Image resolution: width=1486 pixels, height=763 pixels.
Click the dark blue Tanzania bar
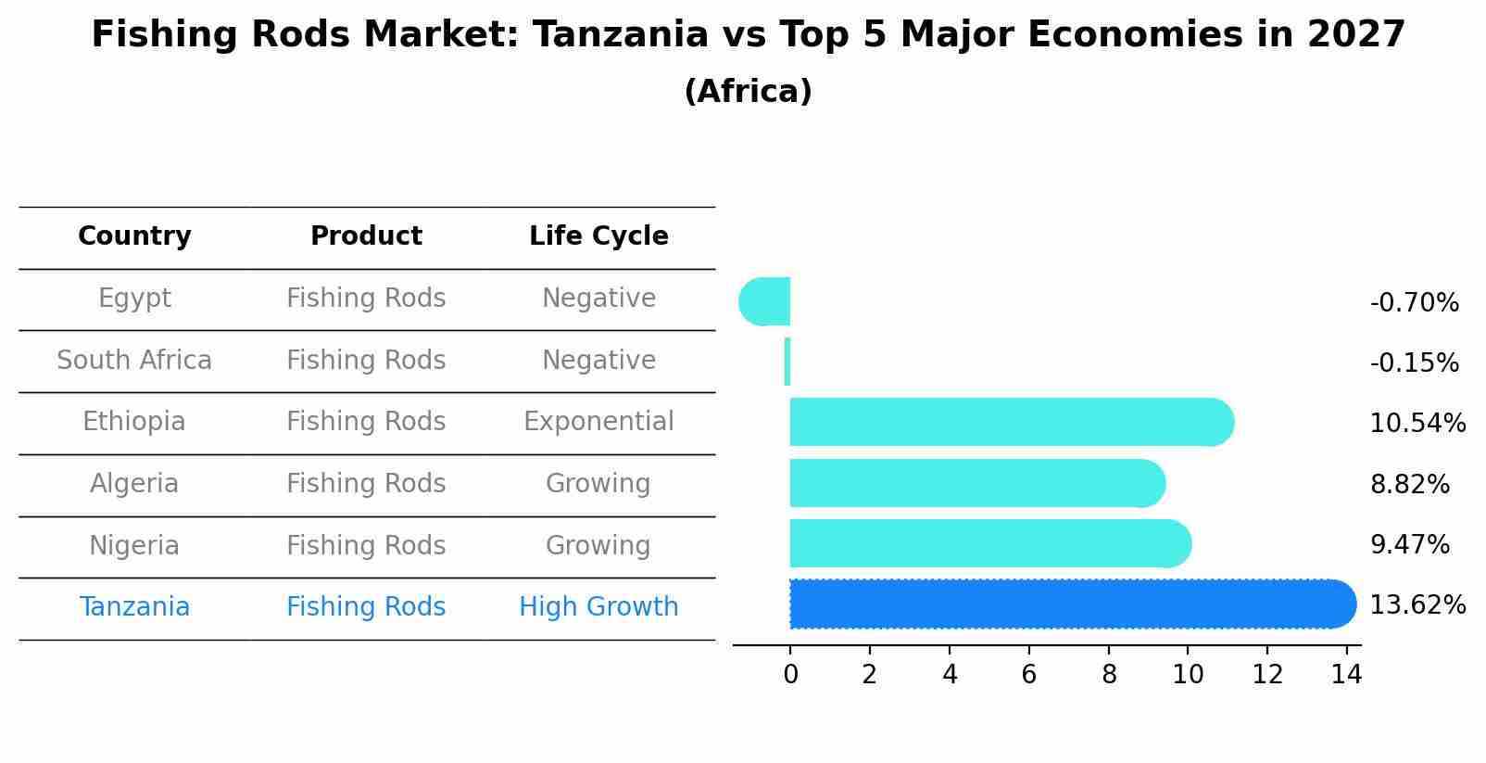1073,604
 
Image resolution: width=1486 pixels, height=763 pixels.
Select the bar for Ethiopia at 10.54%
1012,422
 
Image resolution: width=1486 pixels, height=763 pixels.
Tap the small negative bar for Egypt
764,301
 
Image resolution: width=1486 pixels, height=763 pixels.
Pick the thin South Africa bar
787,362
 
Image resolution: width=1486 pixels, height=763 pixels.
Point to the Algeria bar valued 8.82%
977,483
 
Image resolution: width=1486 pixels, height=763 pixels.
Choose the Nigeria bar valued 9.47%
990,543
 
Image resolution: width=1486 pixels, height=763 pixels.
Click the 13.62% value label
1417,604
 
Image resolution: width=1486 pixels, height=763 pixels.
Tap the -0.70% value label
1415,302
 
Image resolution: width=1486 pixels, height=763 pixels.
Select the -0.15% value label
1415,362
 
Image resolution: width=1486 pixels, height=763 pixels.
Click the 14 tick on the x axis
1347,674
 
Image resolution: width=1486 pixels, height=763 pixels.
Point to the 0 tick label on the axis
791,674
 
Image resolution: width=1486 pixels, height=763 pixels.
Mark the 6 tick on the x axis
1029,674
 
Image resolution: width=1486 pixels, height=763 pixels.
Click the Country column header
134,235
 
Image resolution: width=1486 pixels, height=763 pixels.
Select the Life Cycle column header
598,235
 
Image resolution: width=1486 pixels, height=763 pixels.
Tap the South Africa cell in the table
134,360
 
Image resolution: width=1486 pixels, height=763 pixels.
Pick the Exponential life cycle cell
598,422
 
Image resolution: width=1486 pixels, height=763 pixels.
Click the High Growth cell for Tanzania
598,606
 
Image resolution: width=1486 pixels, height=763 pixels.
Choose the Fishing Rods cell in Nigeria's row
366,545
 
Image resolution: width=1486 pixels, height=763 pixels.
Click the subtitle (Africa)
749,91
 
